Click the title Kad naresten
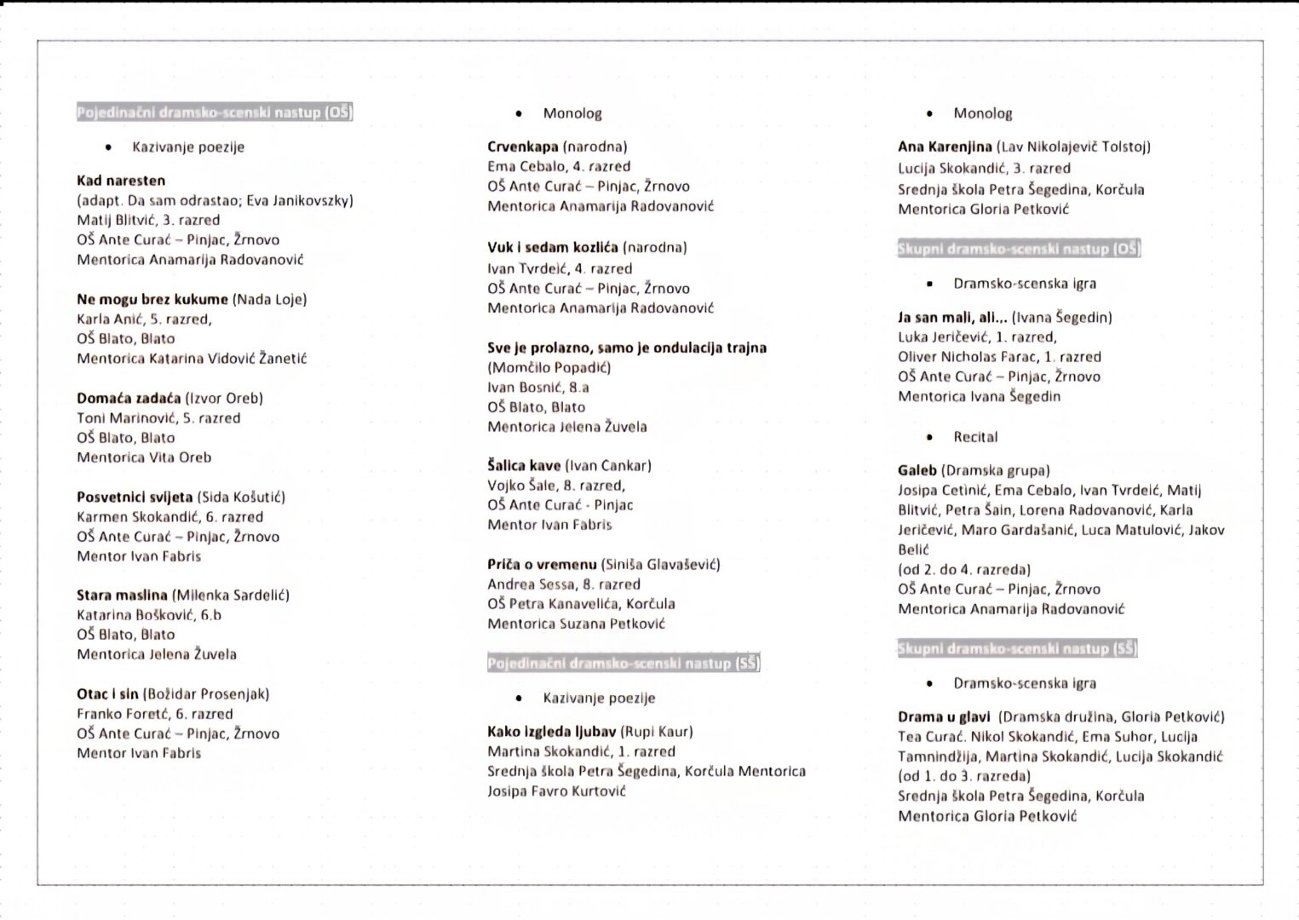121,181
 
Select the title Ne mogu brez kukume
152,299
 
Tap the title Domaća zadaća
129,398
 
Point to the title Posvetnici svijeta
135,497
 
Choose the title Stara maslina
123,595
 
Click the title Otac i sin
107,693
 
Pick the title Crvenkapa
523,147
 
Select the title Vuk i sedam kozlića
553,247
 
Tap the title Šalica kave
524,465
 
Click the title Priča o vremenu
542,564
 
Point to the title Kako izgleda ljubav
551,731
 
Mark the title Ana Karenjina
945,147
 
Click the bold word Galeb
917,470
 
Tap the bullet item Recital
975,437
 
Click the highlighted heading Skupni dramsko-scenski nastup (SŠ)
1017,649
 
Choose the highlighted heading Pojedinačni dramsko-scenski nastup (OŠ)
215,112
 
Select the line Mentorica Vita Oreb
144,457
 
